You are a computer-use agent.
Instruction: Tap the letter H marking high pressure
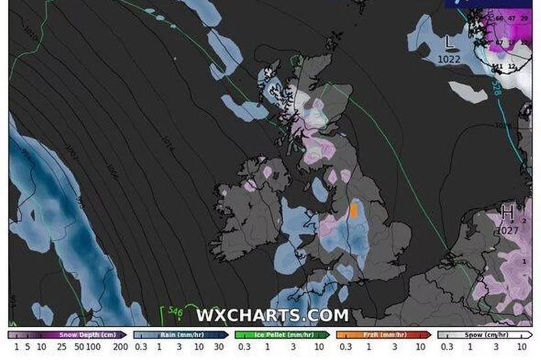[x=508, y=214]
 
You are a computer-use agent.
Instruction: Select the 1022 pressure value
[x=449, y=59]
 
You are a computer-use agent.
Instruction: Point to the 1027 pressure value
[x=508, y=230]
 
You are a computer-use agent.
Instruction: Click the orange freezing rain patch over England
[x=354, y=210]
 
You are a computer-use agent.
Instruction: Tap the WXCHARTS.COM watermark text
[x=272, y=315]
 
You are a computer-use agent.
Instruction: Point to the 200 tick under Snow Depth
[x=121, y=347]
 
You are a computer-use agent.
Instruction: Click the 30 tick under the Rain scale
[x=218, y=347]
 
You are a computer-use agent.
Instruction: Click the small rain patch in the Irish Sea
[x=321, y=190]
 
